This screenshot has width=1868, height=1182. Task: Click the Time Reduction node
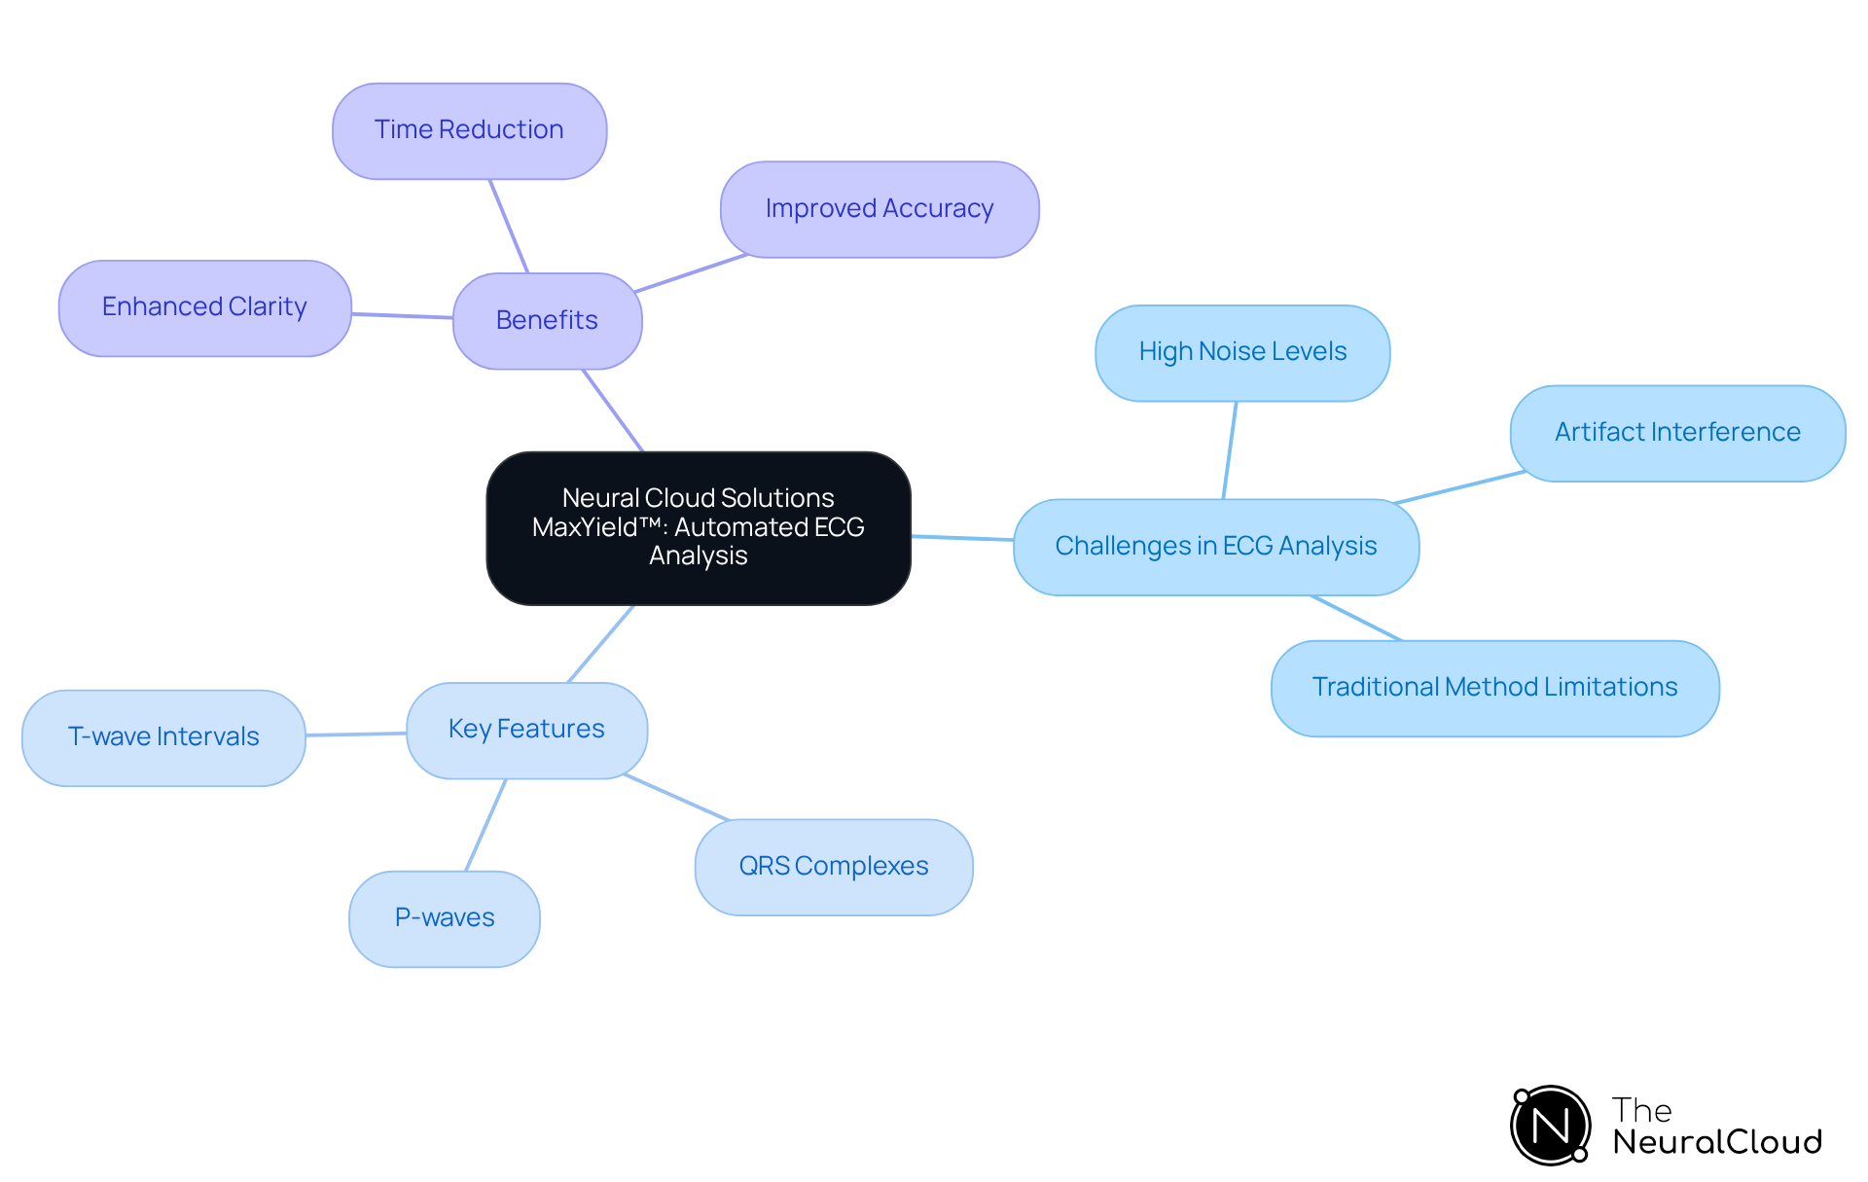tap(469, 130)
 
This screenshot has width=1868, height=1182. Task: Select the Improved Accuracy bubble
tap(880, 209)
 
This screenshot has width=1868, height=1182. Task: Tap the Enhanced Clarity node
tap(204, 307)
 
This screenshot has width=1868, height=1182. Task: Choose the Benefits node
tap(547, 320)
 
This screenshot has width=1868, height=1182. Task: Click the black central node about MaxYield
tap(698, 527)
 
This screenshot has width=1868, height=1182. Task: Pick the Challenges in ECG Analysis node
tap(1215, 547)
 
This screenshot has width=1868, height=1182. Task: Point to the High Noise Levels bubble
tap(1242, 352)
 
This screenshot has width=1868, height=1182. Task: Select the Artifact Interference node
tap(1677, 433)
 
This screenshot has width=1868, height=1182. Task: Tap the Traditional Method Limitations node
tap(1494, 688)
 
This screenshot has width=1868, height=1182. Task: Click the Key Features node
tap(526, 730)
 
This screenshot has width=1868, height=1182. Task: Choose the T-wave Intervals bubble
tap(163, 737)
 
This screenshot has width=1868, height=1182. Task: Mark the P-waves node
tap(445, 918)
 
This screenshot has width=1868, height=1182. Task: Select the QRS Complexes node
tap(834, 867)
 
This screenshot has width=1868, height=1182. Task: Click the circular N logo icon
tap(1550, 1126)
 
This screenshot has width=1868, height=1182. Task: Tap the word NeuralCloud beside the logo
tap(1717, 1142)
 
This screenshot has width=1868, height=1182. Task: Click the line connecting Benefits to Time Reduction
tap(509, 226)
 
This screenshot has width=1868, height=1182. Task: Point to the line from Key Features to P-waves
tap(486, 824)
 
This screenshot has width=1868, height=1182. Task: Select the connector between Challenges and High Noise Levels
tap(1230, 450)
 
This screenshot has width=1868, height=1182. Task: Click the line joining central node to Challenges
tap(962, 537)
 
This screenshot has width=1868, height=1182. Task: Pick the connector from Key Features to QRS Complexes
tap(676, 797)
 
